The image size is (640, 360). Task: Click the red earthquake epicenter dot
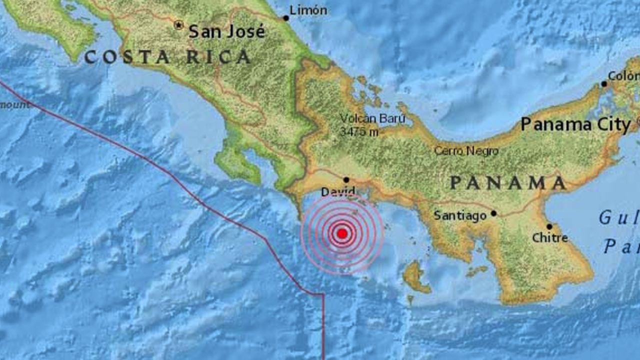342,233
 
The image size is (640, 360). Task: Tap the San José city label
226,31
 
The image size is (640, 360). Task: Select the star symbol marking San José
178,24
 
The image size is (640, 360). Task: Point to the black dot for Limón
286,18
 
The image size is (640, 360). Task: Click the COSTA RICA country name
167,57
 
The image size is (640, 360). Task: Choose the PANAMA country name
508,183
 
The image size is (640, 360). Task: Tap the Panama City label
575,124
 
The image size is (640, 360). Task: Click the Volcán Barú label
372,119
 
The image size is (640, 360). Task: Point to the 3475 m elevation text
359,132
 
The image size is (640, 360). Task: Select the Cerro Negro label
466,150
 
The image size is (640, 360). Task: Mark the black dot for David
346,179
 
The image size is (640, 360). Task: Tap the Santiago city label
459,215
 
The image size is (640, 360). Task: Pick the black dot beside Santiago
493,213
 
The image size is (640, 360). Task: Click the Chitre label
550,238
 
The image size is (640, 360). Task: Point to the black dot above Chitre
549,226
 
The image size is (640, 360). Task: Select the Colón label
623,75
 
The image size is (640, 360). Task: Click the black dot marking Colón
604,84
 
